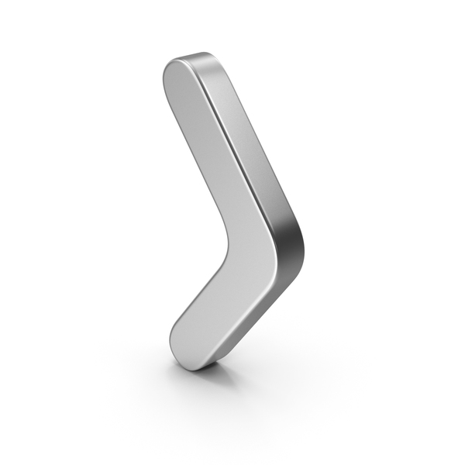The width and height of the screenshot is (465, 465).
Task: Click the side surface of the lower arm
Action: [x=256, y=310]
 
